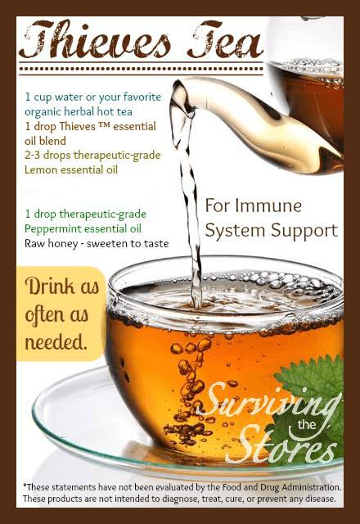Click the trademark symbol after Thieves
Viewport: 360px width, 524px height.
coord(105,124)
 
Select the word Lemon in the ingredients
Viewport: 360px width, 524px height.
coord(39,169)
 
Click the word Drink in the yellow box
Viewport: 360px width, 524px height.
coord(50,287)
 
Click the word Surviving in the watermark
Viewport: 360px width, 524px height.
coord(271,402)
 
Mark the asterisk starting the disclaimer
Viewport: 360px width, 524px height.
coord(25,485)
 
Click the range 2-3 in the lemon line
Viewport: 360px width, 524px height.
coord(33,155)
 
